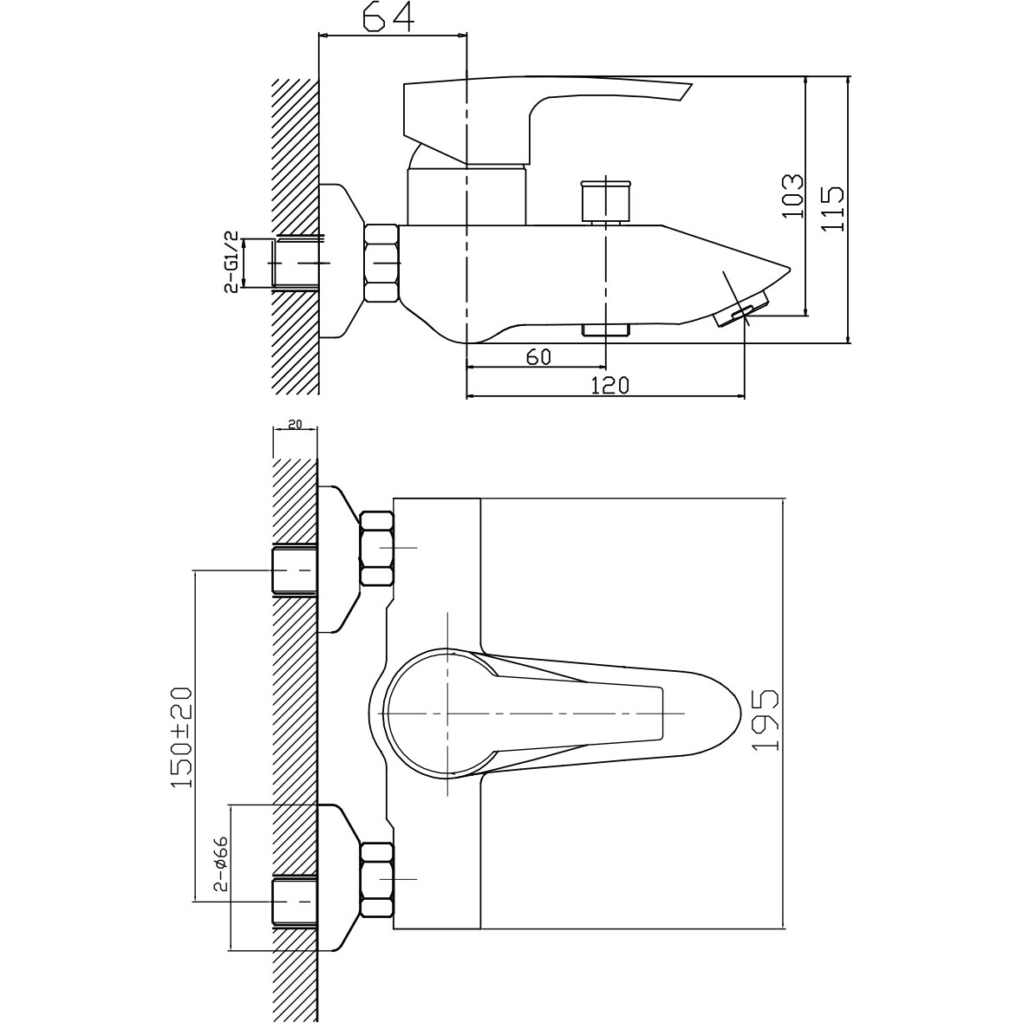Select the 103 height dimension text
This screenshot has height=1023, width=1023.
pos(792,197)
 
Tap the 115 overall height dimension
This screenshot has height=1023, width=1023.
pos(832,208)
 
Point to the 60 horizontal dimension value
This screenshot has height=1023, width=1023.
pos(538,357)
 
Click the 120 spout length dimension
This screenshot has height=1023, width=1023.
pos(610,386)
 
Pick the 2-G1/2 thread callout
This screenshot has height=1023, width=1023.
pos(231,263)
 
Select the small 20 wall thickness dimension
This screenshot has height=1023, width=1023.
pos(294,424)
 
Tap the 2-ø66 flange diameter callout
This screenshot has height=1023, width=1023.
pos(219,863)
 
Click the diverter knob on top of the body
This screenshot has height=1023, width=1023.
pos(605,200)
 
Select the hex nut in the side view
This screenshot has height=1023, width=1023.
pos(381,263)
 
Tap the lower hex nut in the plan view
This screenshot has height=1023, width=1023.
pos(378,879)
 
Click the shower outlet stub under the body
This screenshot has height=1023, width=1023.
pos(606,329)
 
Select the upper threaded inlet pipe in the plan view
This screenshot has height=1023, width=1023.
pos(294,570)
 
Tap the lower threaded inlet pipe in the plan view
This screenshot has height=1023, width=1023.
pos(294,902)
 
